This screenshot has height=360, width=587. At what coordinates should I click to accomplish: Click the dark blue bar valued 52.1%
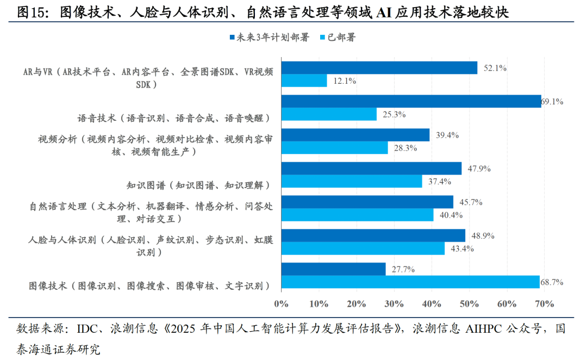(379, 68)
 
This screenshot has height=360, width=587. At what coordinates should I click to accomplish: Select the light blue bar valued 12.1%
(304, 80)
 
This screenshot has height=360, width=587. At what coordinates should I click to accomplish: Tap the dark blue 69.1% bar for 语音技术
(411, 101)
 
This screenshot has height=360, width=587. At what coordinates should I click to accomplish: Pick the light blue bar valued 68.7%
(410, 282)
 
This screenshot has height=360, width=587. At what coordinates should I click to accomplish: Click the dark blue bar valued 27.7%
(333, 269)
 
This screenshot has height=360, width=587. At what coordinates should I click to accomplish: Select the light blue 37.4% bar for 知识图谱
(352, 181)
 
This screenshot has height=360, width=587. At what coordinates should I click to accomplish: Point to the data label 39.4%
(444, 135)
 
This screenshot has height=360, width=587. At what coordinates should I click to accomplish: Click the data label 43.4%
(459, 249)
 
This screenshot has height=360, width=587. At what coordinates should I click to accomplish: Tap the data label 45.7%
(468, 202)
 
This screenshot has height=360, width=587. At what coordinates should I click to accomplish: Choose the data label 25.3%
(391, 114)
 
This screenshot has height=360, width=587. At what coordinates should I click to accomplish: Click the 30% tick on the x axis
(394, 303)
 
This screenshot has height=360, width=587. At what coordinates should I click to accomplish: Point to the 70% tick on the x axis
(544, 303)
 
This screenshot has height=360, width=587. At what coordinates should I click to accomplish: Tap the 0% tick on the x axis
(281, 303)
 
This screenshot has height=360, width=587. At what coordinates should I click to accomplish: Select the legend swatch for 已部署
(322, 38)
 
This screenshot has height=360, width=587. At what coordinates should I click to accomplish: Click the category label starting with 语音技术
(174, 117)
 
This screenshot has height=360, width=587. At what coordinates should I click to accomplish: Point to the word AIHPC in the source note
(477, 329)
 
